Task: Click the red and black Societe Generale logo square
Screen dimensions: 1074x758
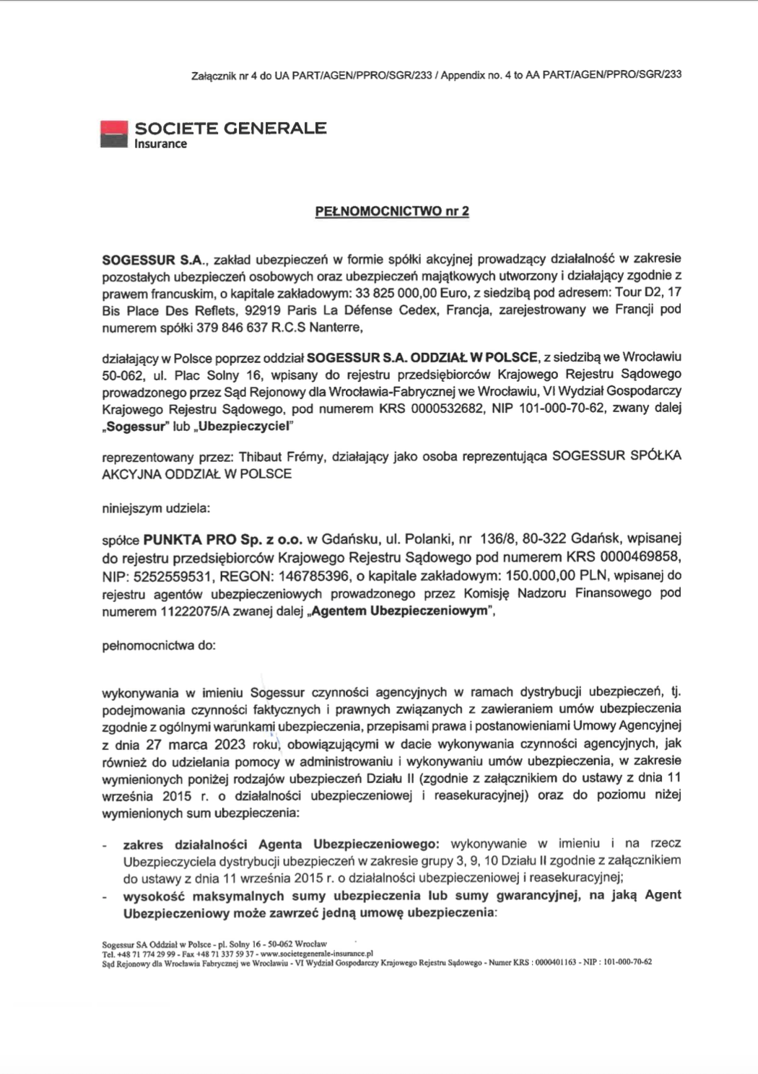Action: pyautogui.click(x=113, y=134)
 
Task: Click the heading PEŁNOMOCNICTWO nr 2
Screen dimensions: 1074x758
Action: pyautogui.click(x=392, y=211)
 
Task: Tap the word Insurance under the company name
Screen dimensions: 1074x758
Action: pyautogui.click(x=160, y=144)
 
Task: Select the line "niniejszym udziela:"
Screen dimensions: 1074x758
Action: pyautogui.click(x=156, y=507)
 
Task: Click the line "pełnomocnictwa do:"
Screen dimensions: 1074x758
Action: pyautogui.click(x=159, y=645)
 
